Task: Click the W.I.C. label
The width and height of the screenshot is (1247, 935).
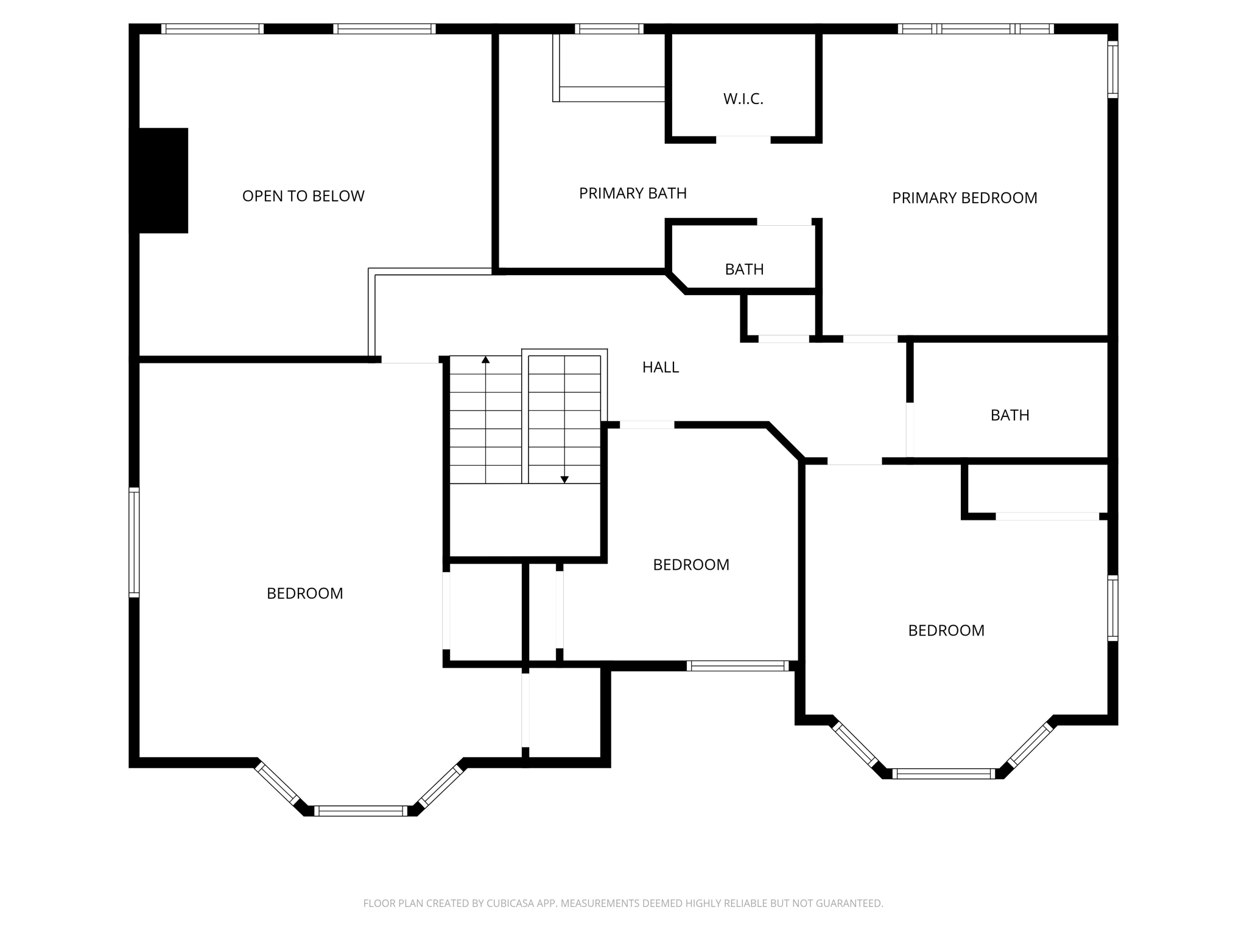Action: point(743,99)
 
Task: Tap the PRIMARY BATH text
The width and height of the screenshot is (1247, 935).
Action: point(633,194)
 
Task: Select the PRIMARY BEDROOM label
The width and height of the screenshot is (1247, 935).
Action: point(964,198)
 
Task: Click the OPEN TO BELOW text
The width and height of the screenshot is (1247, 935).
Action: point(303,196)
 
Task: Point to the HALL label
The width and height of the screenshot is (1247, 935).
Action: point(661,367)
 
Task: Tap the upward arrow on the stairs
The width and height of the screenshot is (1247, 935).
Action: point(485,360)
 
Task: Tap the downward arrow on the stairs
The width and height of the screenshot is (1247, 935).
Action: point(564,479)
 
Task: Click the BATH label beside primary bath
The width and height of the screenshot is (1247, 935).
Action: point(744,269)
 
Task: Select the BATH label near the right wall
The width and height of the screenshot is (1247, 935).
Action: point(1010,415)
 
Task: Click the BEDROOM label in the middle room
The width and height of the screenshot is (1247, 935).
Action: point(691,565)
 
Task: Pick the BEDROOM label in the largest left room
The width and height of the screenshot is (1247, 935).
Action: point(304,594)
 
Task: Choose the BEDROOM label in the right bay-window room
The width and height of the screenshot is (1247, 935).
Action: point(946,631)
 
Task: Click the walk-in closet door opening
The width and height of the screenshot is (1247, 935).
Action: point(743,139)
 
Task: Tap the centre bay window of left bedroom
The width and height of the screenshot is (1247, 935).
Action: point(360,811)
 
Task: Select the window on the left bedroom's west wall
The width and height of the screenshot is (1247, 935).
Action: point(134,542)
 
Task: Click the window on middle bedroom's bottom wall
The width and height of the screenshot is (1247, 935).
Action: point(738,666)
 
